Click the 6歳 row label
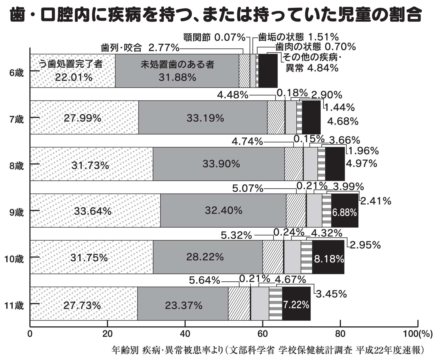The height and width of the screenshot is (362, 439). click(x=16, y=73)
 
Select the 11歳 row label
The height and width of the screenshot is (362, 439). click(x=14, y=306)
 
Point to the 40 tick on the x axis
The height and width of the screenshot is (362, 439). click(x=185, y=334)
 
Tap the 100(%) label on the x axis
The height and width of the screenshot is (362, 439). click(x=417, y=334)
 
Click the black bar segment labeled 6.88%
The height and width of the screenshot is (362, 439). click(x=344, y=212)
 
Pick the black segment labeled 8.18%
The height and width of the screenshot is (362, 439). click(x=329, y=259)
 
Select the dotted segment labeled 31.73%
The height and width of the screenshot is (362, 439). click(x=90, y=165)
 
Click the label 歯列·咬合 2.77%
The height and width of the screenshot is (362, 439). click(x=140, y=48)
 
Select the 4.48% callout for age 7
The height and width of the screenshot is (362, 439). click(x=232, y=95)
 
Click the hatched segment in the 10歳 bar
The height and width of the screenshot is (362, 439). click(x=273, y=257)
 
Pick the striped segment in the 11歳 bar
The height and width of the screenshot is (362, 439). click(x=275, y=304)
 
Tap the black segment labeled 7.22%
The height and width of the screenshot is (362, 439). click(x=296, y=305)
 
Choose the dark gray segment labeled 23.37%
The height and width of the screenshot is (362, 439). click(x=183, y=305)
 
